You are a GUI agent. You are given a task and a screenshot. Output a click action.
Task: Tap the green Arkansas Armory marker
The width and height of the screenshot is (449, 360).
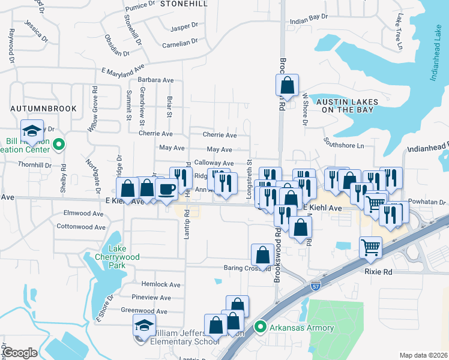[260, 327]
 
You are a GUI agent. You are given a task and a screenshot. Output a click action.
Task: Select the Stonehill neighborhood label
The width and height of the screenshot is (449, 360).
[184, 4]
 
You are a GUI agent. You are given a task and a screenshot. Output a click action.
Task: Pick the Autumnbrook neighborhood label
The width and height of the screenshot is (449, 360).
[44, 109]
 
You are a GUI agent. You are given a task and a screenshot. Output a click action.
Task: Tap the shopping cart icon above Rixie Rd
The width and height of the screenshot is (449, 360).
[371, 246]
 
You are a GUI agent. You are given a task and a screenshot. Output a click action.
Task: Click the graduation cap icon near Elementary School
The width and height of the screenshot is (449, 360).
[143, 325]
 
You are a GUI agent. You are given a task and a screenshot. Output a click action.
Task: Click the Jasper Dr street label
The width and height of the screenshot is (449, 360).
[184, 27]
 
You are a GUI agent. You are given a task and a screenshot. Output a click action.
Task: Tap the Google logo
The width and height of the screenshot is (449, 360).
[20, 353]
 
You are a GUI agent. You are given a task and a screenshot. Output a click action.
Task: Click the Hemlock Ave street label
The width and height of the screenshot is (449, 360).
[160, 284]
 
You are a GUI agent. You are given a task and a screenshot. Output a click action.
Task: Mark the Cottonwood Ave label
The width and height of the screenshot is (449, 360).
[80, 227]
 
